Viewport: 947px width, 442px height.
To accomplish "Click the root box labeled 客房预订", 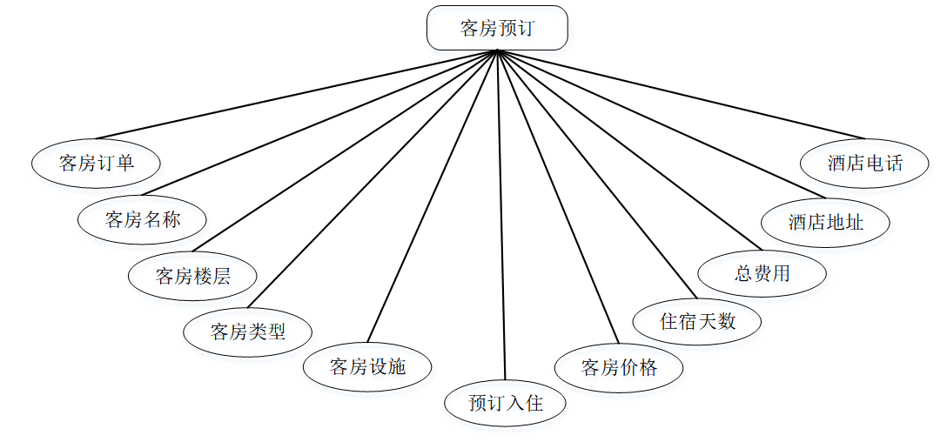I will (x=497, y=28).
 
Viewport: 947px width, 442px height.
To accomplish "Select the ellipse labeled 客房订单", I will (x=97, y=163).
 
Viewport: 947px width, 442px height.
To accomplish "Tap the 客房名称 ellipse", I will (x=143, y=219).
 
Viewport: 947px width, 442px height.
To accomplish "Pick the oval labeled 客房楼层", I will (x=192, y=277).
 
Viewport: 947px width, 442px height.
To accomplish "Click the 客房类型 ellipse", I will (x=248, y=331).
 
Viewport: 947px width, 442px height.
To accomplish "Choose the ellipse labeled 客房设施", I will (x=367, y=366).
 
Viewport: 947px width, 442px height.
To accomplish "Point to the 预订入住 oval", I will (x=506, y=403).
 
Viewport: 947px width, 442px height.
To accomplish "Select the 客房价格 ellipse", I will (x=619, y=367).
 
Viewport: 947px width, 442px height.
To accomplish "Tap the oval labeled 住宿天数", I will (x=697, y=321).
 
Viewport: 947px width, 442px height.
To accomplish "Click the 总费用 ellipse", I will (x=762, y=273).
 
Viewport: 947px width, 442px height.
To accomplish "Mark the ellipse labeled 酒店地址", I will (x=825, y=222).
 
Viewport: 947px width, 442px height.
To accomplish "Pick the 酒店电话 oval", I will (x=865, y=163).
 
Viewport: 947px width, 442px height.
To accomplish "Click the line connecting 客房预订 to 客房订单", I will (x=296, y=94).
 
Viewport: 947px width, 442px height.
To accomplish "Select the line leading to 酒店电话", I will (x=682, y=94).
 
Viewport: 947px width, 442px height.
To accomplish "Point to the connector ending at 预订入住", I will (x=500, y=218).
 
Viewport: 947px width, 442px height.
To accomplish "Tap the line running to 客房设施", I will (x=433, y=196).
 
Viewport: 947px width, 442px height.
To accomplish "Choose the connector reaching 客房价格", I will (x=557, y=196).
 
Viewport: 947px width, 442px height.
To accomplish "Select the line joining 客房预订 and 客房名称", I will (x=320, y=124).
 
